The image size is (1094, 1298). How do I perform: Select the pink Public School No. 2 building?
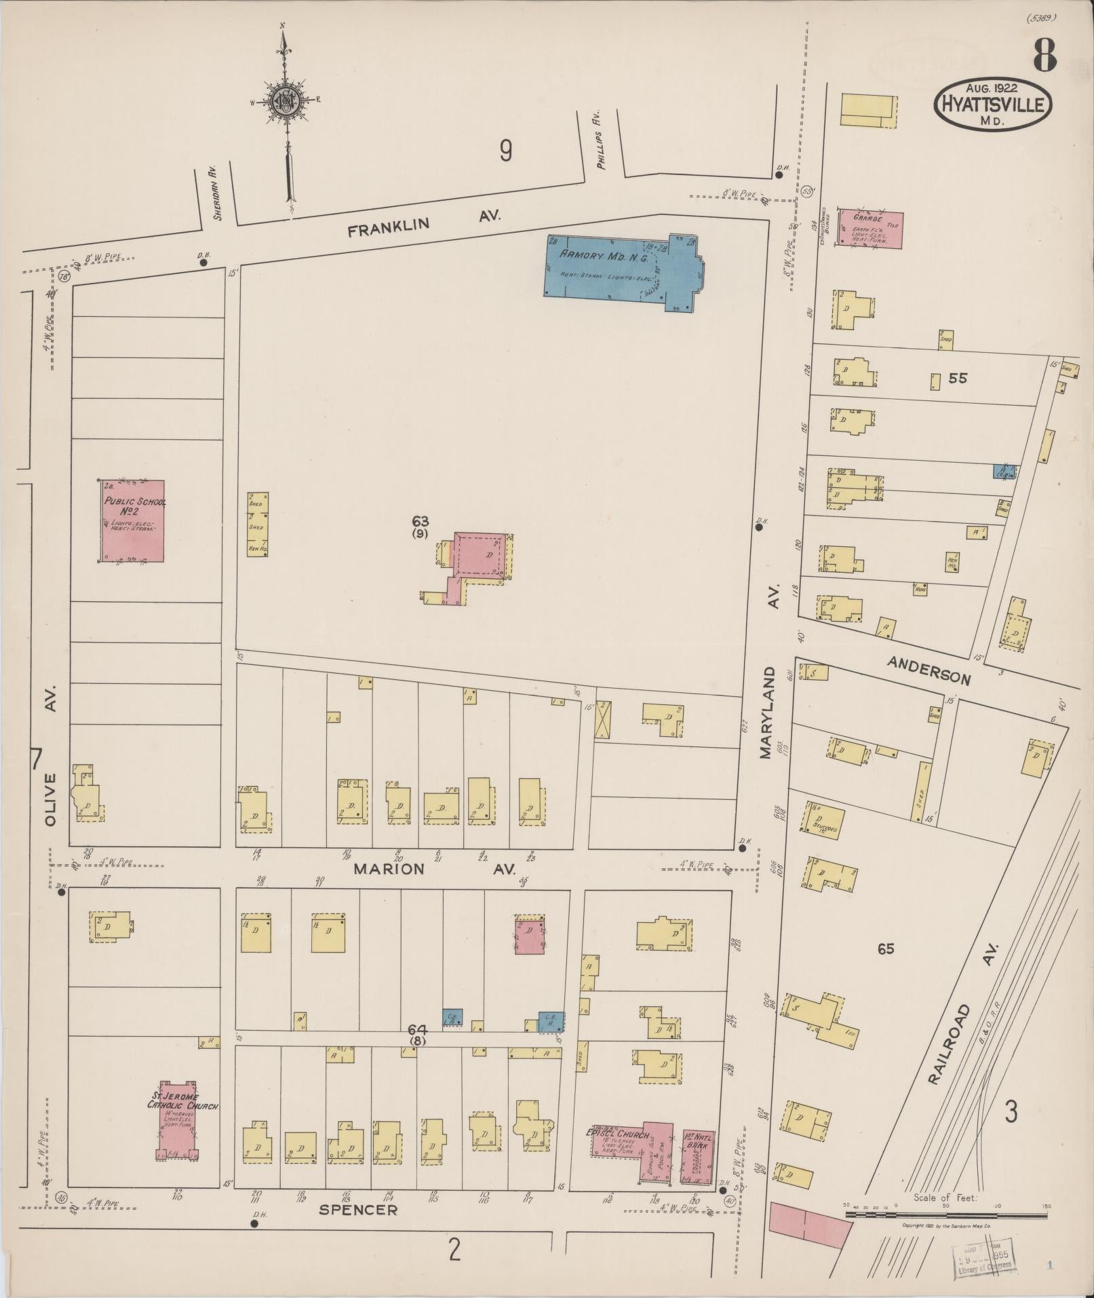pos(134,521)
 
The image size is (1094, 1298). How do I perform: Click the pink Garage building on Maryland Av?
pos(870,229)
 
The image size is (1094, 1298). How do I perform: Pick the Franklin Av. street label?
pos(424,223)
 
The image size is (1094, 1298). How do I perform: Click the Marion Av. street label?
pos(434,869)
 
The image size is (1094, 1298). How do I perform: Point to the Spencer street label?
pos(357,1210)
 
